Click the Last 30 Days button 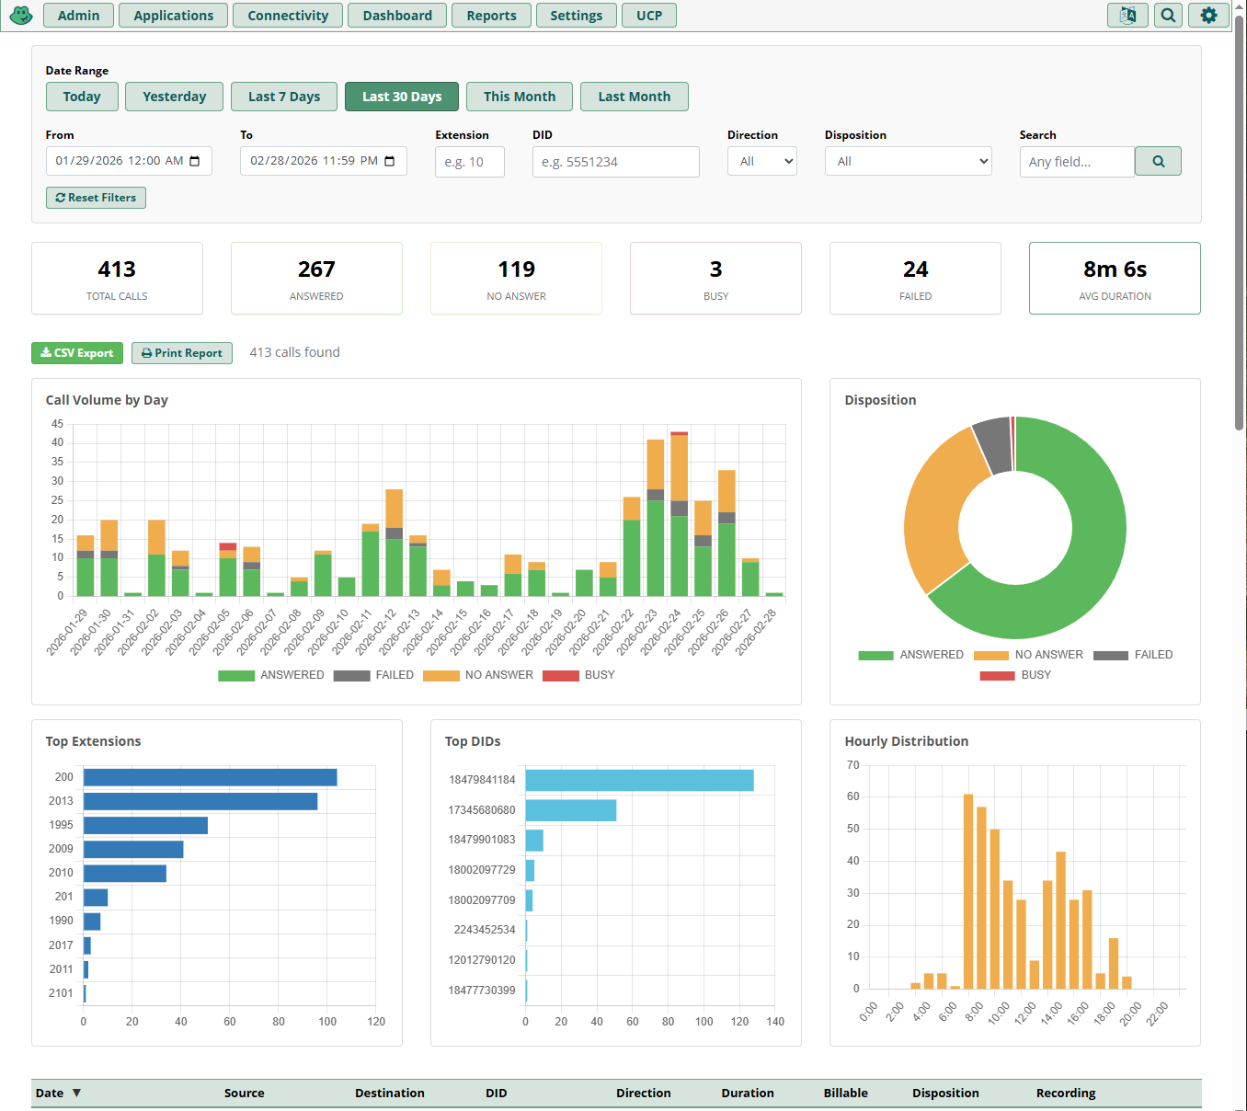(402, 97)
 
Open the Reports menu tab (491, 16)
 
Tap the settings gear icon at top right (1208, 16)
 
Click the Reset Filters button (96, 198)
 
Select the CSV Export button (77, 353)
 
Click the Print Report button (181, 353)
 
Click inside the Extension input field (469, 162)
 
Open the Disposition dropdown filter (908, 162)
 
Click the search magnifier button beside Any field (1158, 162)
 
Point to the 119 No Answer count (516, 269)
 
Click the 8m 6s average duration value (1115, 269)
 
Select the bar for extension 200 (210, 777)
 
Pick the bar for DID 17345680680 (570, 810)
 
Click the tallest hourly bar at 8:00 (968, 890)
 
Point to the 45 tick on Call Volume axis (57, 424)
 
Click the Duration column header (747, 1094)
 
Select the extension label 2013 (61, 801)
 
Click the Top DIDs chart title (473, 741)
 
